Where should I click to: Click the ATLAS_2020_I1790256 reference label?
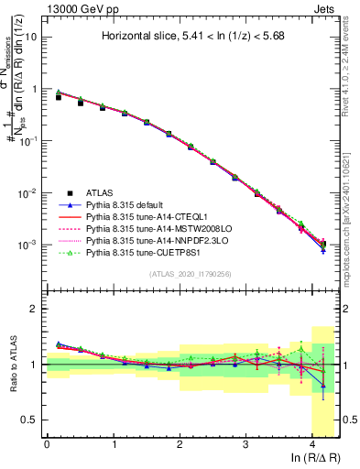pyautogui.click(x=190, y=274)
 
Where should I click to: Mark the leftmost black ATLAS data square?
pyautogui.click(x=59, y=96)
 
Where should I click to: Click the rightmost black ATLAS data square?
pyautogui.click(x=323, y=244)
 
